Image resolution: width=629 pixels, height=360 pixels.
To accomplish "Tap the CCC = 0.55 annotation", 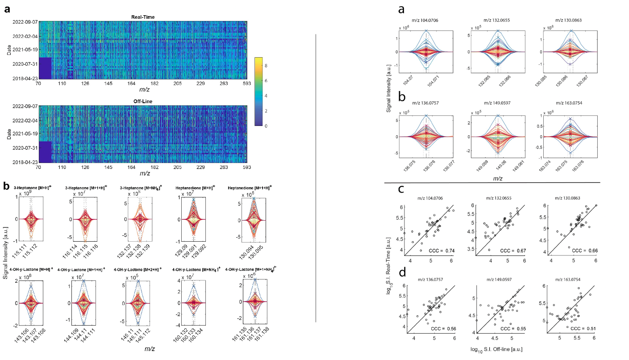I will click(x=509, y=340).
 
